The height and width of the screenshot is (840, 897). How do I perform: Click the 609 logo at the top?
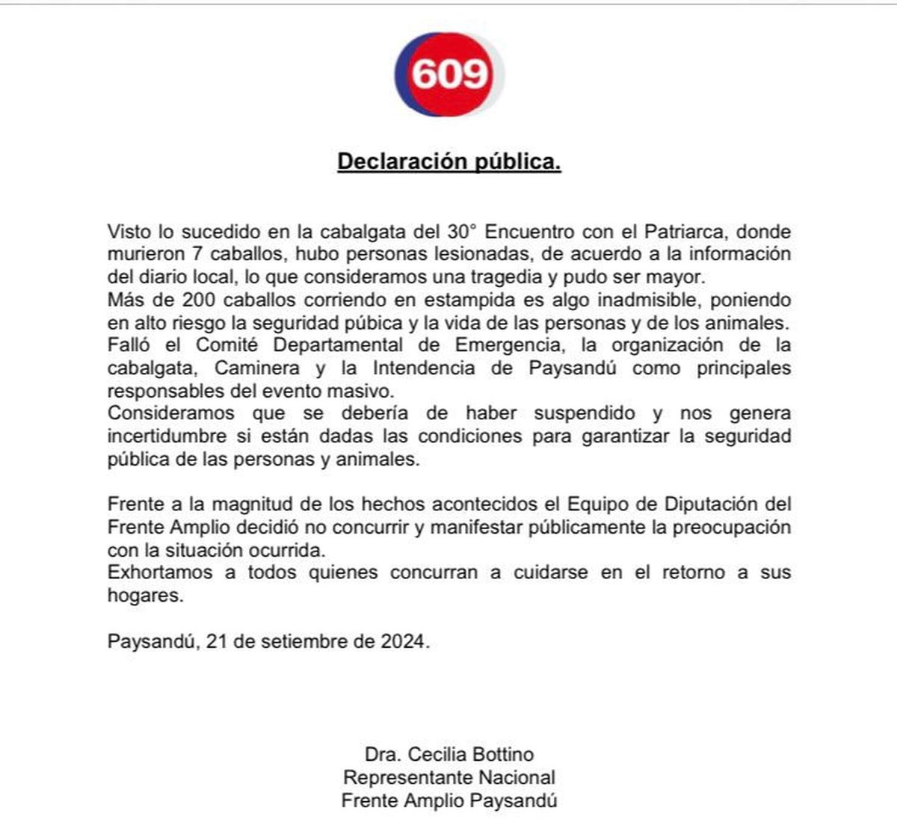pos(449,73)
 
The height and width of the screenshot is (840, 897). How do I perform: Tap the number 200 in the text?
pos(199,300)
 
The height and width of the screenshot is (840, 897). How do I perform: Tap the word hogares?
pos(145,596)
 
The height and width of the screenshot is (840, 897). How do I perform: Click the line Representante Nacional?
pos(449,777)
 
